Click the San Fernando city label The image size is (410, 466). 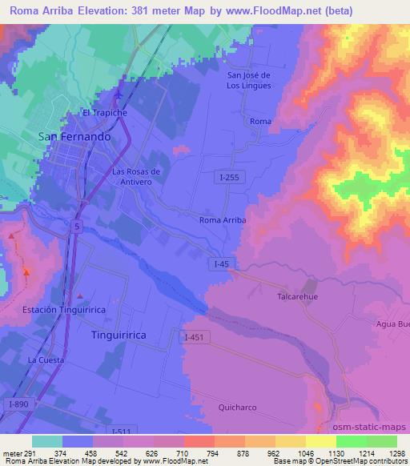[x=74, y=137]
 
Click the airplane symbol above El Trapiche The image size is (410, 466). [x=119, y=96]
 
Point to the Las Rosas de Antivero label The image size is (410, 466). [x=137, y=176]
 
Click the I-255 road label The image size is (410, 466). [x=226, y=179]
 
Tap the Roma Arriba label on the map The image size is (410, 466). [x=222, y=219]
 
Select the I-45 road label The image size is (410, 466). [x=223, y=263]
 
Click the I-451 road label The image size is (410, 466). [x=196, y=337]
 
